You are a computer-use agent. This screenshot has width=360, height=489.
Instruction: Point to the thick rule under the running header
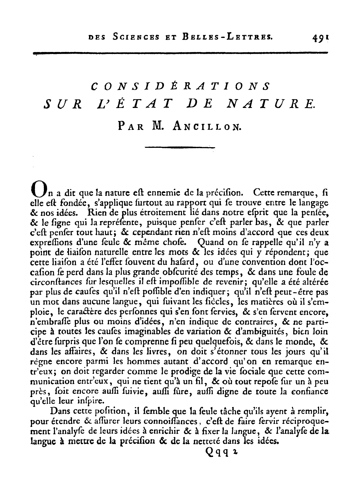point(180,53)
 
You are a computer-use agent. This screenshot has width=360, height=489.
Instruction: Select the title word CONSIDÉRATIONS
point(180,87)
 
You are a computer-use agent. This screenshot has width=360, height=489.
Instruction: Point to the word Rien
point(98,212)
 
